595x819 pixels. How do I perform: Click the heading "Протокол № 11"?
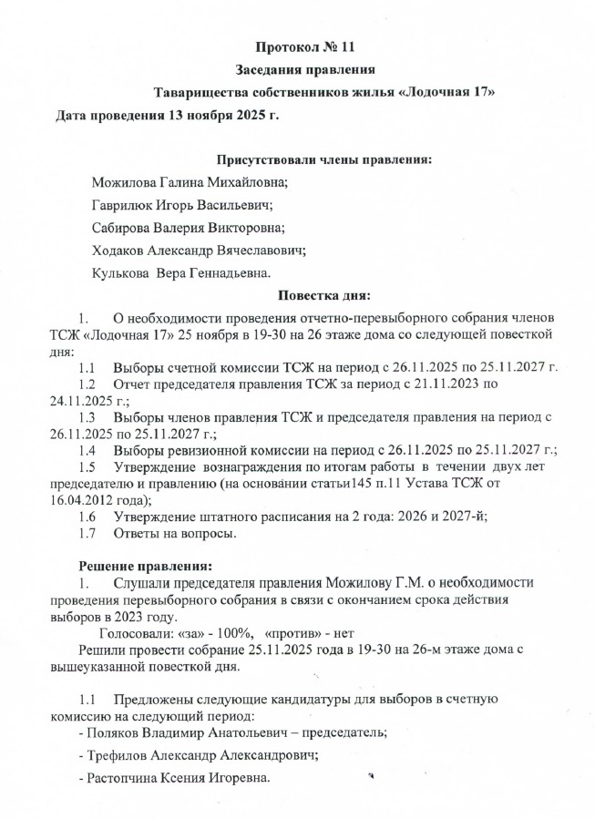[x=309, y=45]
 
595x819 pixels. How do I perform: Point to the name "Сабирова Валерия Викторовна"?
[x=188, y=228]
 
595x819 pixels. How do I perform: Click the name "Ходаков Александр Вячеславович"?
[x=198, y=250]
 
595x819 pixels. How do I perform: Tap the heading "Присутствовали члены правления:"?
[x=323, y=159]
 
